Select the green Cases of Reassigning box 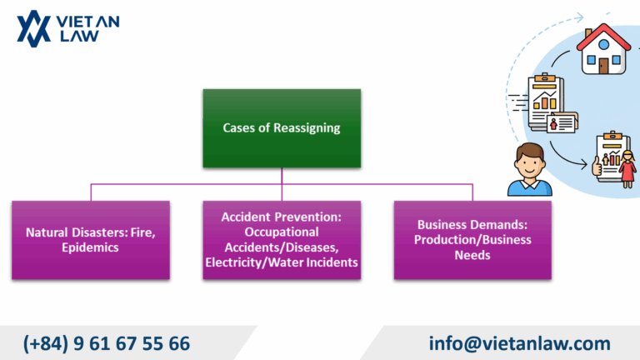(282, 128)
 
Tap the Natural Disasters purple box (91, 239)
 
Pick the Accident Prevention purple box (282, 239)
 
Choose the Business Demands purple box (472, 239)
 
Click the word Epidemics (92, 247)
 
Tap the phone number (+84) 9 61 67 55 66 (107, 342)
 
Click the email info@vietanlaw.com (519, 342)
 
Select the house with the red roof (604, 49)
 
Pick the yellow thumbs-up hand (597, 168)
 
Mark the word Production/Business (473, 240)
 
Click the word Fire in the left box (142, 232)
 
